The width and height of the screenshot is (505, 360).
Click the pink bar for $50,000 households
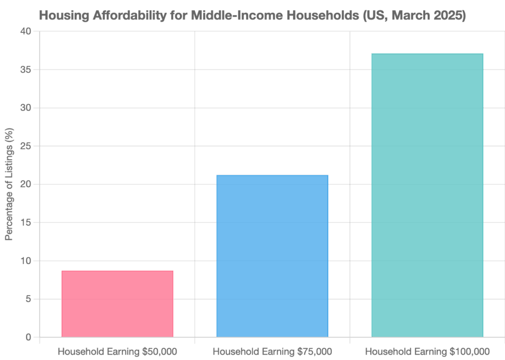coord(117,303)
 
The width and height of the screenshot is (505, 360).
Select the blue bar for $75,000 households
coord(272,256)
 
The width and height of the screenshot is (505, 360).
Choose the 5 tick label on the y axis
coord(29,299)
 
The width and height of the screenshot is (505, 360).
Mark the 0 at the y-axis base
coord(29,337)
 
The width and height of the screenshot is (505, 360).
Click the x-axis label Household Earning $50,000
coord(117,352)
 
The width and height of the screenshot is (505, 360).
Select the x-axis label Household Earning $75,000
coord(272,352)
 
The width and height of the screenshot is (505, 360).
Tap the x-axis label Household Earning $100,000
coord(427,352)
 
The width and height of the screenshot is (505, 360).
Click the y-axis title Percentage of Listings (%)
coord(9,184)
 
